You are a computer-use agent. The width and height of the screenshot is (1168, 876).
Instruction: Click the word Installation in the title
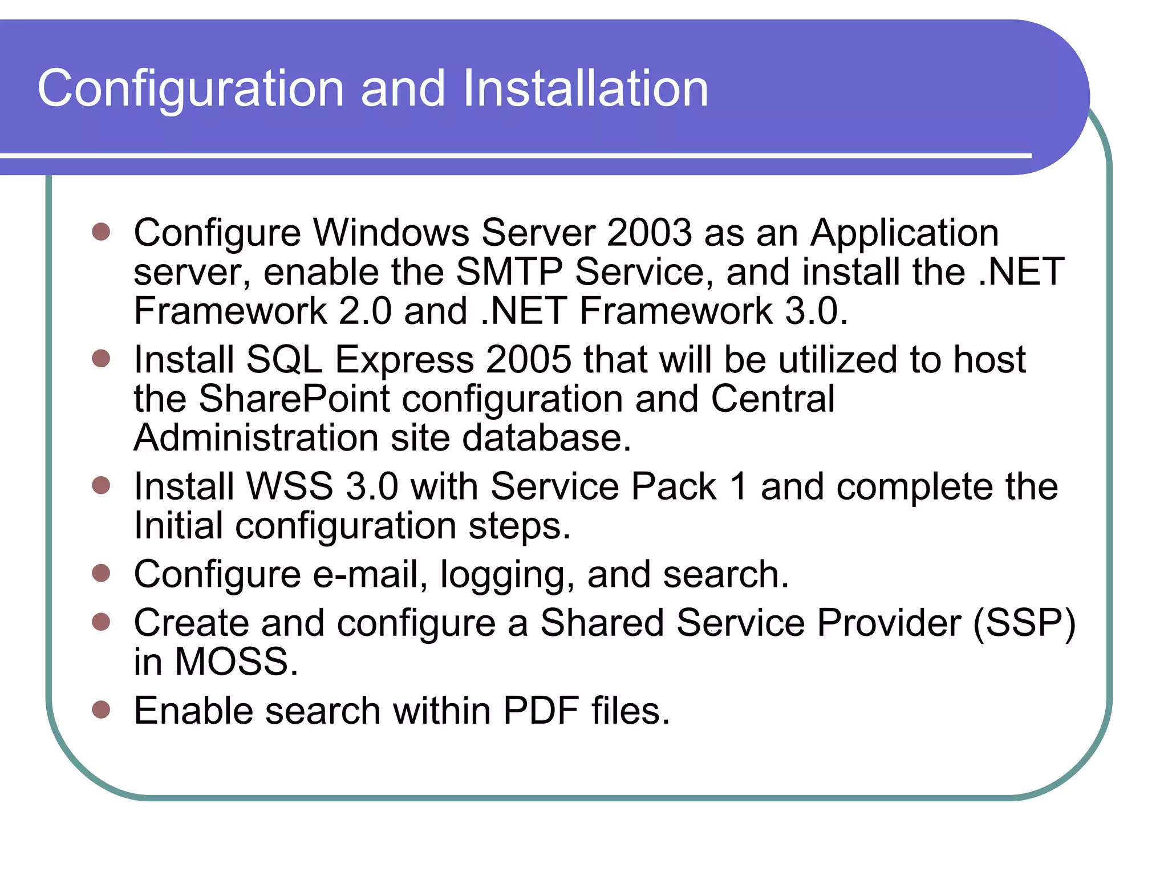(585, 88)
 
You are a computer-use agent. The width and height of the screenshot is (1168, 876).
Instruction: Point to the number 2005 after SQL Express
(529, 360)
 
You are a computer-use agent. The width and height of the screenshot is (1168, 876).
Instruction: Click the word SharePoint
(294, 399)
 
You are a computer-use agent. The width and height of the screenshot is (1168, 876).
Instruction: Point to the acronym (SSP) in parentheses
(1024, 623)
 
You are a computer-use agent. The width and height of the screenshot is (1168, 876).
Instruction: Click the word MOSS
(236, 662)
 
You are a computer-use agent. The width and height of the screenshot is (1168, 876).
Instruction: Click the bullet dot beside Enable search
(101, 709)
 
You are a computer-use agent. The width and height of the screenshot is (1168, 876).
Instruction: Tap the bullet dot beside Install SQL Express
(101, 359)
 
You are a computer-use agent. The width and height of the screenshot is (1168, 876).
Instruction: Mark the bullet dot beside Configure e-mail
(101, 573)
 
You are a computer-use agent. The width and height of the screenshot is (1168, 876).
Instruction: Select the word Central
(773, 399)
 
